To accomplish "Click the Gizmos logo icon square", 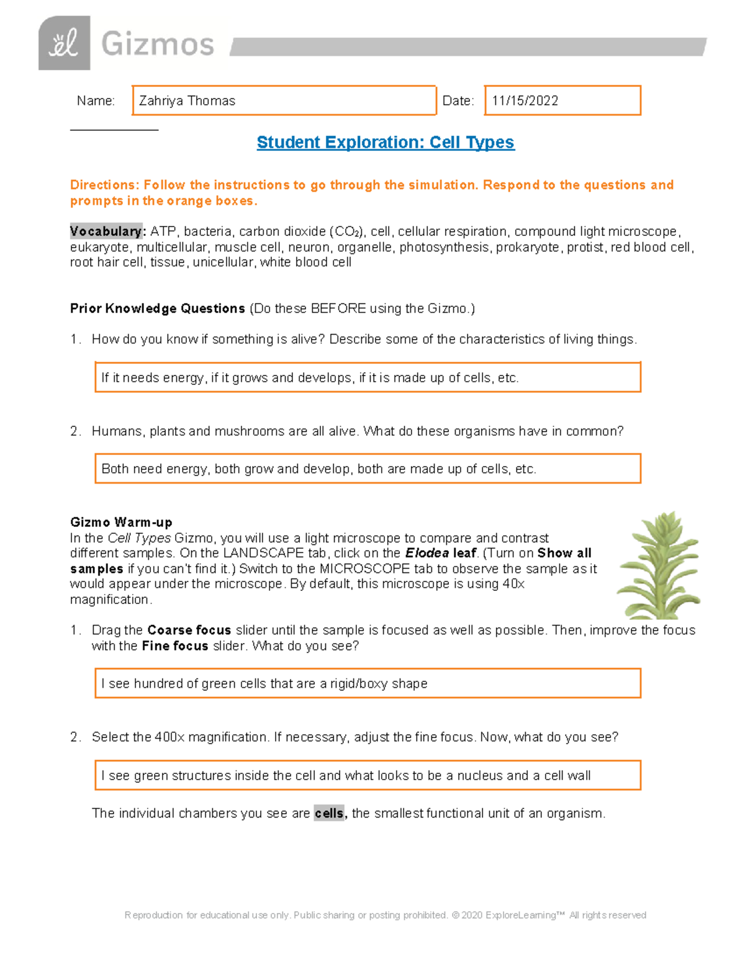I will click(64, 43).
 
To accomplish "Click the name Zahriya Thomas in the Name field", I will click(187, 101).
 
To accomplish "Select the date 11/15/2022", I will click(525, 101).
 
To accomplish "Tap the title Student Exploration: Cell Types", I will click(385, 142).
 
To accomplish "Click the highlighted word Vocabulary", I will click(106, 232).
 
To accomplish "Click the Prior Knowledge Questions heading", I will click(157, 309).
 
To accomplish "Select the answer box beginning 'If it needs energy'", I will click(368, 377).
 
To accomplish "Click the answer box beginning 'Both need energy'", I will click(368, 469).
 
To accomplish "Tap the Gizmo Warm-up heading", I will click(121, 522).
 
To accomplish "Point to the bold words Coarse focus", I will click(189, 630).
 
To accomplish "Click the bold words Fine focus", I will click(174, 646).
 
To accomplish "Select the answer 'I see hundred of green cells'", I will click(368, 683).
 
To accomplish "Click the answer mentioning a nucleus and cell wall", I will click(368, 775).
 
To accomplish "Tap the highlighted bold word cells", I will click(329, 813).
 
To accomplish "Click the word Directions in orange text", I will click(104, 185).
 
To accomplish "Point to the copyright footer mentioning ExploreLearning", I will click(385, 915).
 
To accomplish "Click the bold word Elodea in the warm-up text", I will click(427, 553).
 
